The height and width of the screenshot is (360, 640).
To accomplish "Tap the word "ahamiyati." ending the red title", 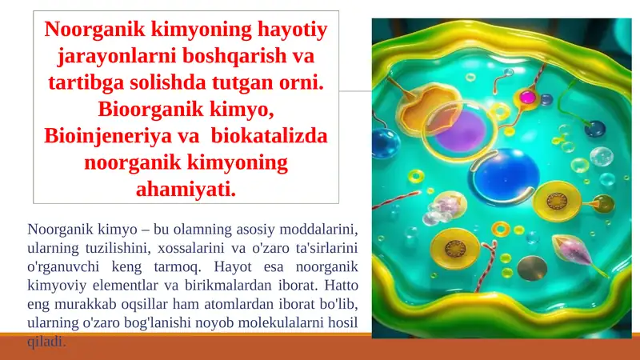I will (x=187, y=190).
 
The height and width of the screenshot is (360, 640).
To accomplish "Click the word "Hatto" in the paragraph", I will (x=335, y=283).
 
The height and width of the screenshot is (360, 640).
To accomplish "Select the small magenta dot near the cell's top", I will (x=526, y=97).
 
